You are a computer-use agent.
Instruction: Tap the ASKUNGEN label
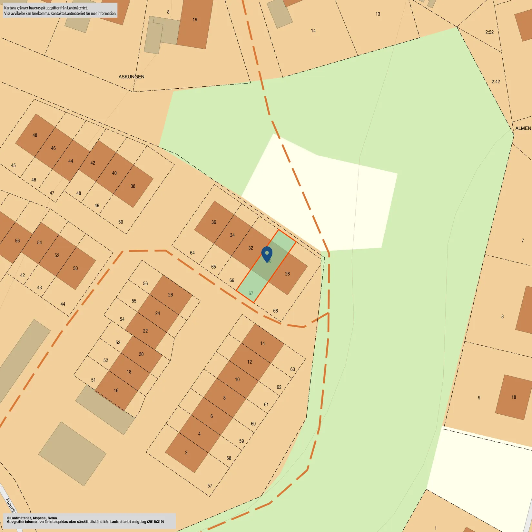[x=131, y=77]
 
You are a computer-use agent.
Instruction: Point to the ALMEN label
[x=523, y=128]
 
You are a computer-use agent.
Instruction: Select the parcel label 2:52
[x=489, y=32]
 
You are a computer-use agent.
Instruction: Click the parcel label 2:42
[x=496, y=82]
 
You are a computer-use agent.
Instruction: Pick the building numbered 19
[x=195, y=20]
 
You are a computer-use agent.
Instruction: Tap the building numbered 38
[x=133, y=186]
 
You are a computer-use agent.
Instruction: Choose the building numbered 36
[x=214, y=222]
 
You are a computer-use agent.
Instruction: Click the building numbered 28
[x=287, y=274]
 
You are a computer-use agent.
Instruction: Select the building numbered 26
[x=171, y=295]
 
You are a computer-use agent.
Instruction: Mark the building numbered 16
[x=116, y=390]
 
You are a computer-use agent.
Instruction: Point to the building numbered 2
[x=186, y=453]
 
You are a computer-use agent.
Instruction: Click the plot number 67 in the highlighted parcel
[x=251, y=293]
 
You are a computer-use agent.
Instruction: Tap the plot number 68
[x=275, y=311]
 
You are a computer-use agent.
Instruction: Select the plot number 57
[x=210, y=486]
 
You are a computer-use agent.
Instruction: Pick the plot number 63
[x=292, y=369]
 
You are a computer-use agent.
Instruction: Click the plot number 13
[x=378, y=14]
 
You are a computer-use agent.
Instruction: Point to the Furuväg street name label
[x=11, y=506]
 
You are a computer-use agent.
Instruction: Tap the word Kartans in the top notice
[x=10, y=8]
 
